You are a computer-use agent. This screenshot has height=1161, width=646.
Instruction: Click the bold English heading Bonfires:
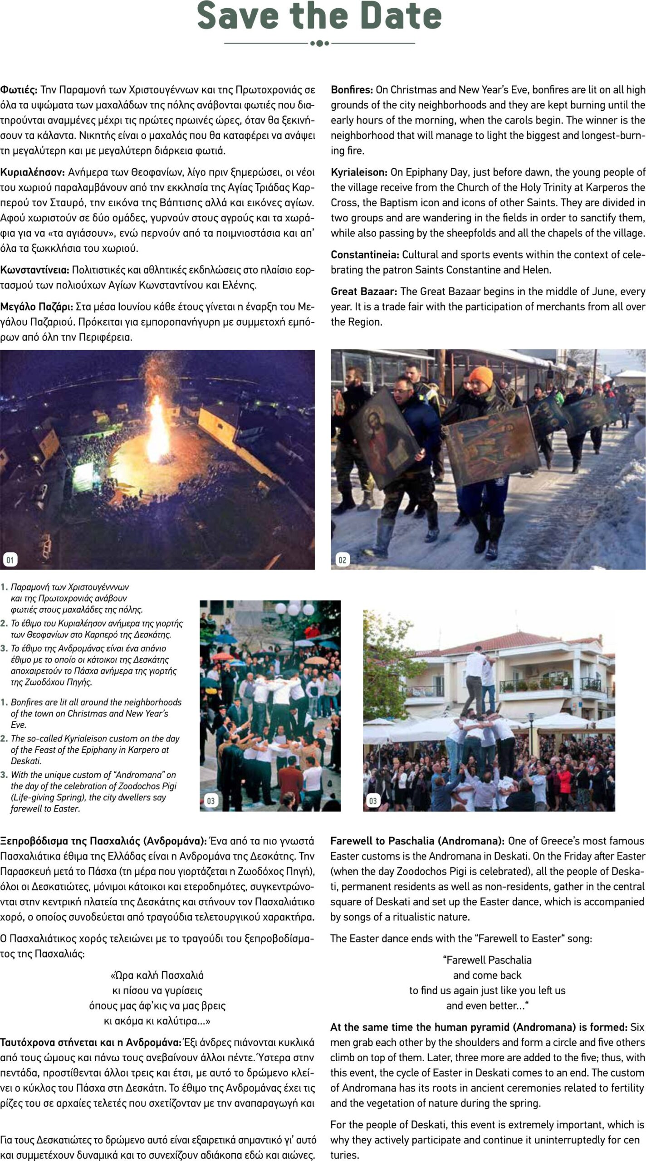[x=352, y=90]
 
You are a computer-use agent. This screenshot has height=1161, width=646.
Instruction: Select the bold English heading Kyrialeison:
[x=359, y=172]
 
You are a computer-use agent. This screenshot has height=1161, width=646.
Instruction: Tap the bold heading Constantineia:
[x=364, y=254]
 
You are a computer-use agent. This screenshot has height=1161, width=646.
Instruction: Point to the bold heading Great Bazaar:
[x=364, y=291]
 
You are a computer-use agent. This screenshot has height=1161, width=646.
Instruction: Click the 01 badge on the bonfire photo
[x=10, y=560]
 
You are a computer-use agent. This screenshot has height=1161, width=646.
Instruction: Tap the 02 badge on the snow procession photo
[x=342, y=560]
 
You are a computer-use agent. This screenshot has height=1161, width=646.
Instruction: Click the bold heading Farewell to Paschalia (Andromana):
[x=417, y=841]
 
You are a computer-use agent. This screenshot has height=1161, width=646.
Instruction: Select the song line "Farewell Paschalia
[x=487, y=960]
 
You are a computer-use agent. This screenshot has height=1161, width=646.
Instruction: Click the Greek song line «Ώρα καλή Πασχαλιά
[x=157, y=975]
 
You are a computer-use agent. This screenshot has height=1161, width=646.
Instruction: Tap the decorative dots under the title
[x=319, y=43]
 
